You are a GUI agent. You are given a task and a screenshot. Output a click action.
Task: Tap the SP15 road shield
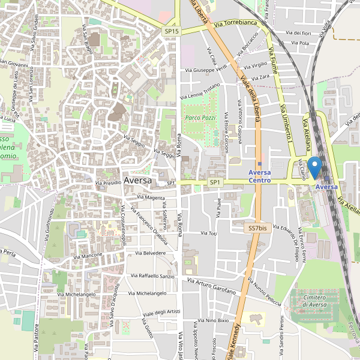click(172, 30)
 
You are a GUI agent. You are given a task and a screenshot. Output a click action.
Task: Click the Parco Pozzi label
click(200, 118)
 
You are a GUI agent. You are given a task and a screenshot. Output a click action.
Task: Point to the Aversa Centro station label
click(260, 176)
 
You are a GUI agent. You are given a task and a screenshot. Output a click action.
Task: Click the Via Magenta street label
click(151, 197)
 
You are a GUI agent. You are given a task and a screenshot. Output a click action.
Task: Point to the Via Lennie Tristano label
click(204, 90)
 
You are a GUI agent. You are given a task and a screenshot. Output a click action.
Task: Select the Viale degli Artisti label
click(161, 312)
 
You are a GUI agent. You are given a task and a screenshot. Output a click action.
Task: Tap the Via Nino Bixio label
click(211, 321)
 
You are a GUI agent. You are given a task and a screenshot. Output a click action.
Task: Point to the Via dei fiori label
click(298, 33)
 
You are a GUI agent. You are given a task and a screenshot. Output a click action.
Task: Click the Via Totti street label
click(208, 233)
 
